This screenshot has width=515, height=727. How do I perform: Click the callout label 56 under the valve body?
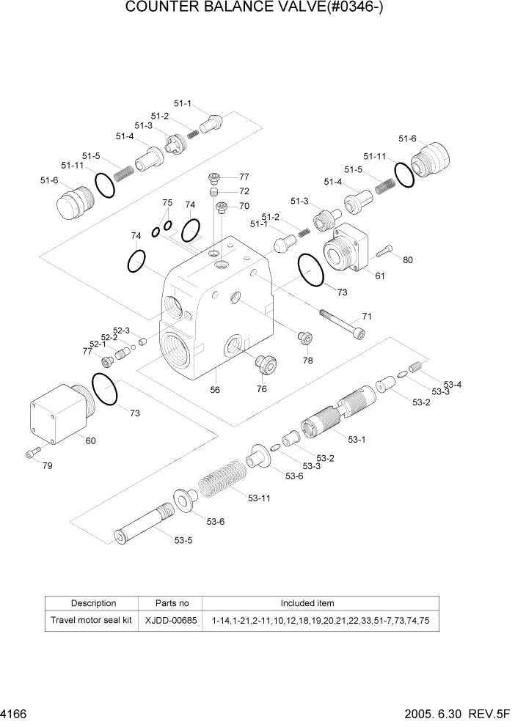215,390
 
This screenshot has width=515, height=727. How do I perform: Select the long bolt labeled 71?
342,323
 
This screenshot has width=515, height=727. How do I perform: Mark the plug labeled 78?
304,338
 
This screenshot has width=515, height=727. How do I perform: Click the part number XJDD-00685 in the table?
172,620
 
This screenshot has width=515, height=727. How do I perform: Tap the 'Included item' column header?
307,603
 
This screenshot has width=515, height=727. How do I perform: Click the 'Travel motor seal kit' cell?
91,620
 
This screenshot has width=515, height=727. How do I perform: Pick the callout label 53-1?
357,440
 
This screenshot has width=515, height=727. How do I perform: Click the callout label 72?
244,191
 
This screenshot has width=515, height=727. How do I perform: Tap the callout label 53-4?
453,385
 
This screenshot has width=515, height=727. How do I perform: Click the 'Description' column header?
93,603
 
